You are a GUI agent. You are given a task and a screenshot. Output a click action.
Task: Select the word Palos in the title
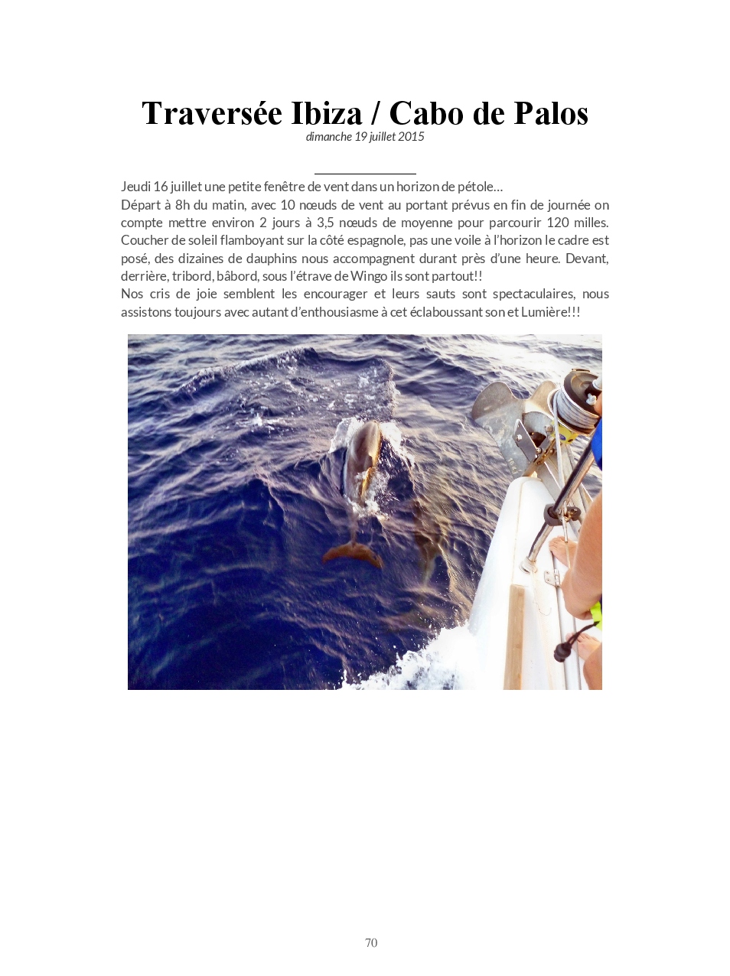coord(551,114)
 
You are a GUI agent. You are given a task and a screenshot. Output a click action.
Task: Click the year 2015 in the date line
coord(411,137)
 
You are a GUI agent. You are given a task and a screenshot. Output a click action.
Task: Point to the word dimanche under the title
coord(328,137)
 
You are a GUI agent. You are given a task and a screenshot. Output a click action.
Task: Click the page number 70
coord(371,943)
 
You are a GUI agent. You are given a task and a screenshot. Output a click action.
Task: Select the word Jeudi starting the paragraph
coord(135,187)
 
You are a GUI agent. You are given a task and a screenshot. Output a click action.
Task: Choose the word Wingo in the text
coord(369,276)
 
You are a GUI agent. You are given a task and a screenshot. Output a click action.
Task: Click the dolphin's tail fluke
coord(353,552)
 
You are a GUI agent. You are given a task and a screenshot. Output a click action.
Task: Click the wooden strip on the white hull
coord(514,635)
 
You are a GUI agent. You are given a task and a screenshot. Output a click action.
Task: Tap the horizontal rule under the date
coord(365,174)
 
